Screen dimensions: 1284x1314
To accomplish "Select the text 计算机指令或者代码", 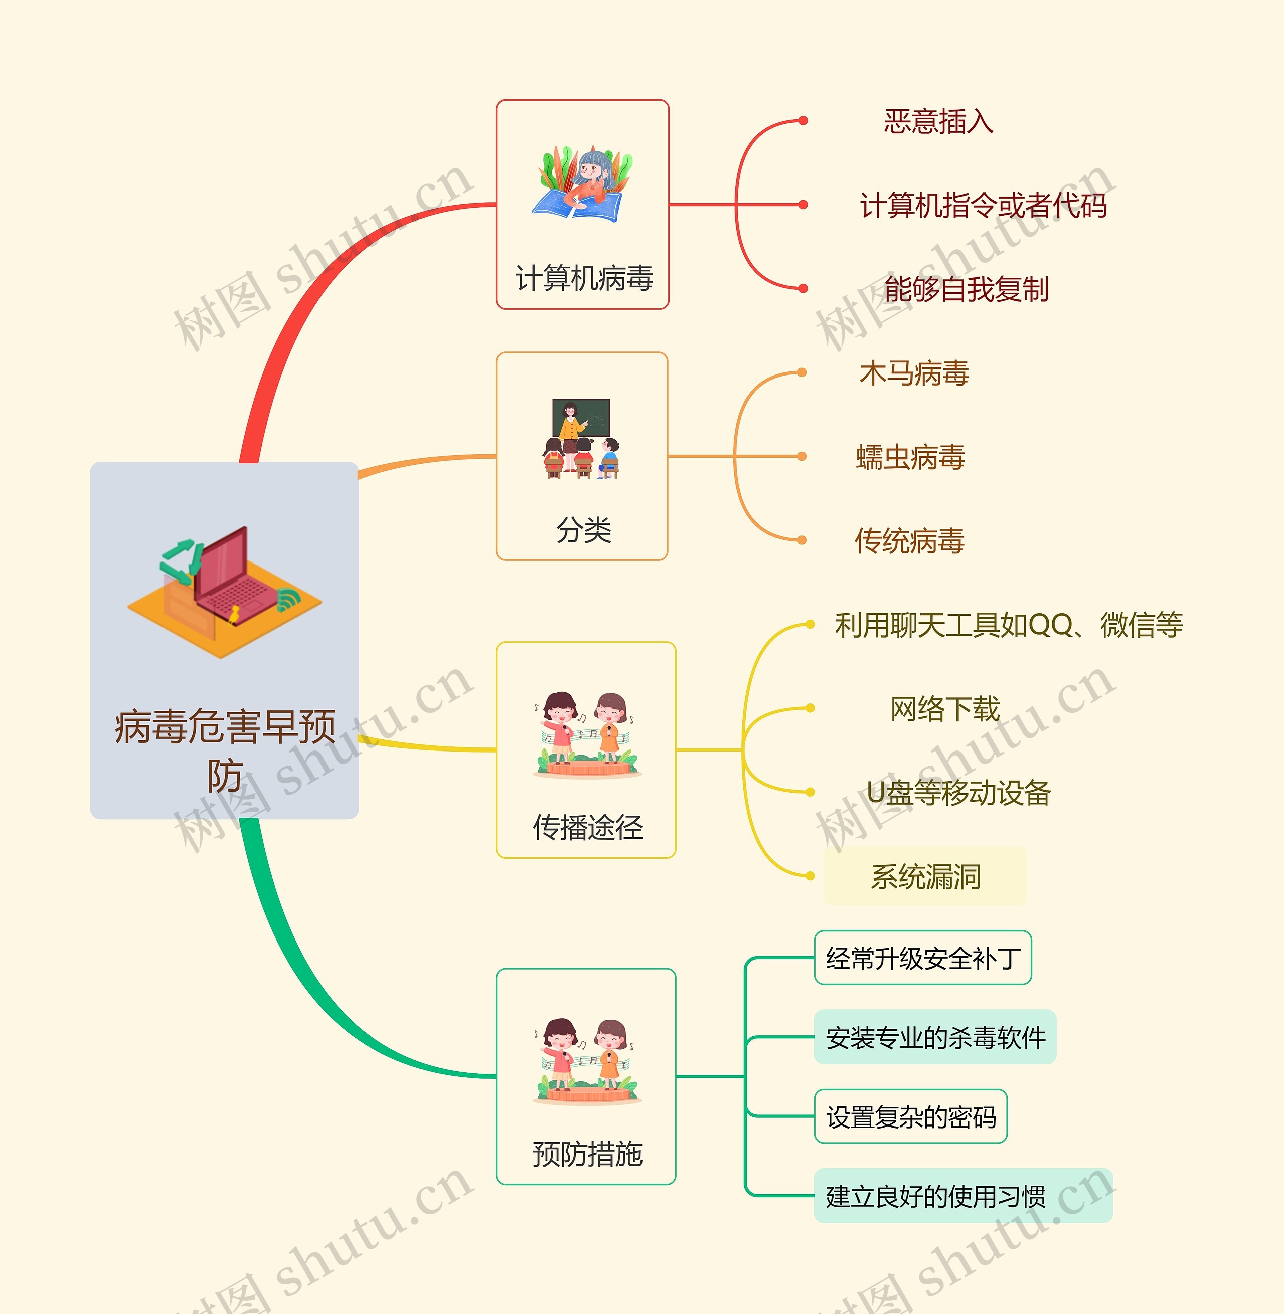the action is tap(983, 206).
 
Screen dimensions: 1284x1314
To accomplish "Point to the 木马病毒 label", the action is tap(914, 373).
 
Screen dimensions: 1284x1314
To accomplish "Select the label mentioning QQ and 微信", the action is tap(1008, 625).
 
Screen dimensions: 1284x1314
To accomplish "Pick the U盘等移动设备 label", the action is tap(958, 793).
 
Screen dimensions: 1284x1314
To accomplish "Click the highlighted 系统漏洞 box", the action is tap(925, 876).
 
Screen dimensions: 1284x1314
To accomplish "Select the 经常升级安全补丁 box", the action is tap(922, 958).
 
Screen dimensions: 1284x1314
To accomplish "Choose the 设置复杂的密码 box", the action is tap(910, 1117).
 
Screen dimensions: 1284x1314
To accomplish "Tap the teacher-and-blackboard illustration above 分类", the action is tap(581, 438).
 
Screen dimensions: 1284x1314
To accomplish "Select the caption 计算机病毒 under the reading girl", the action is tap(583, 278).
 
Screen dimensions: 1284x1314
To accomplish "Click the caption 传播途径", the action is tap(587, 827).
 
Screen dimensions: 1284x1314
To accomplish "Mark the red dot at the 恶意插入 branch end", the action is tap(802, 121).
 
